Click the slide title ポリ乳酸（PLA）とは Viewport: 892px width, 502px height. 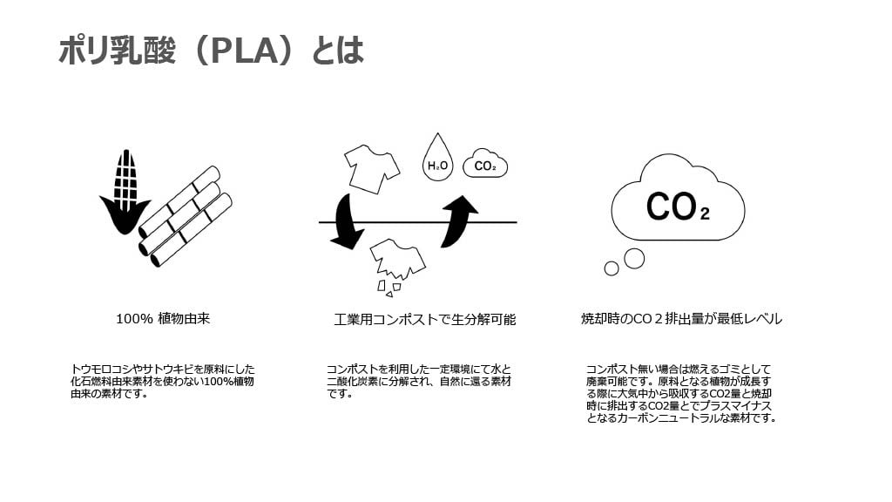(x=210, y=51)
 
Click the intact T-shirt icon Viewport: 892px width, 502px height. (x=372, y=166)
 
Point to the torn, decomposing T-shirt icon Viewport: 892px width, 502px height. (x=396, y=260)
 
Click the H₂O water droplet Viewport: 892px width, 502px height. (x=437, y=158)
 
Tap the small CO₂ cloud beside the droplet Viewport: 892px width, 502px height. (x=485, y=164)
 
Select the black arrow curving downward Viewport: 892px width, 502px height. (x=347, y=223)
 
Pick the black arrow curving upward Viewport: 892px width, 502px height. (x=459, y=221)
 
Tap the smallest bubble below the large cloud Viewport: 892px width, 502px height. (x=612, y=268)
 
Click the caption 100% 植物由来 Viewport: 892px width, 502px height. (x=163, y=319)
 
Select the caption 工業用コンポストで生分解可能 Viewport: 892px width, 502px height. (x=424, y=320)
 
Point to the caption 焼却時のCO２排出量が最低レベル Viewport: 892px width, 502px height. (x=681, y=319)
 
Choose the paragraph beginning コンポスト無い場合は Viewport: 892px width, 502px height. (x=680, y=393)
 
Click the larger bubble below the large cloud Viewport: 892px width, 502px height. (x=634, y=258)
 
